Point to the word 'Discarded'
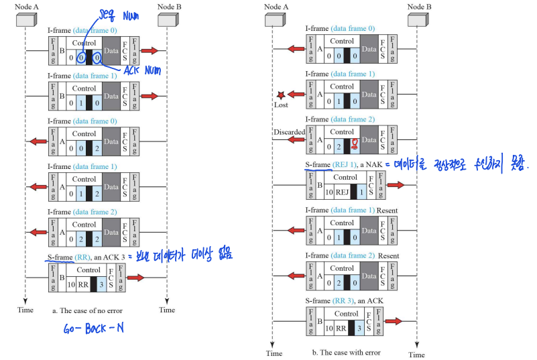tap(289, 132)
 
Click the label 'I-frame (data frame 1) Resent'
tap(351, 211)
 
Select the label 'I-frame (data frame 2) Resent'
tap(351, 256)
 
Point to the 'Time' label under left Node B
tap(167, 310)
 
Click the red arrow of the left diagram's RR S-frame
tap(138, 277)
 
